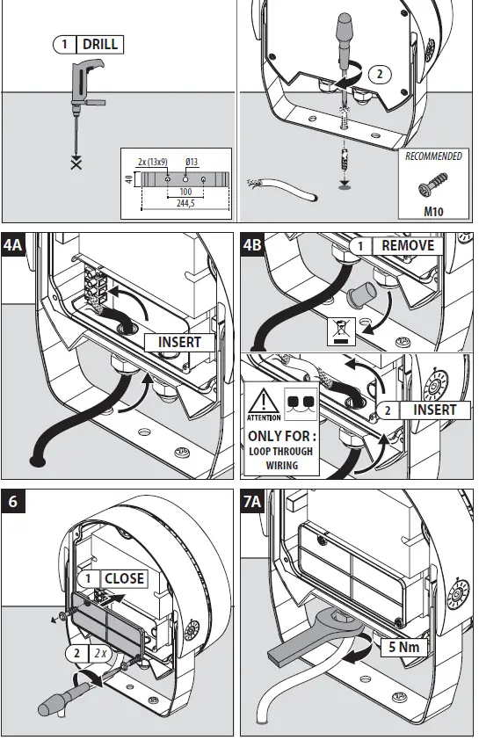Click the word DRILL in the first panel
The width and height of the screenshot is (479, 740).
pyautogui.click(x=100, y=44)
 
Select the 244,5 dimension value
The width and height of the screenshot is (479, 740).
pyautogui.click(x=184, y=201)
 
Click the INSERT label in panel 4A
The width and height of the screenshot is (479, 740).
pyautogui.click(x=179, y=342)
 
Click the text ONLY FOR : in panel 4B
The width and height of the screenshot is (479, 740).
pyautogui.click(x=283, y=436)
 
